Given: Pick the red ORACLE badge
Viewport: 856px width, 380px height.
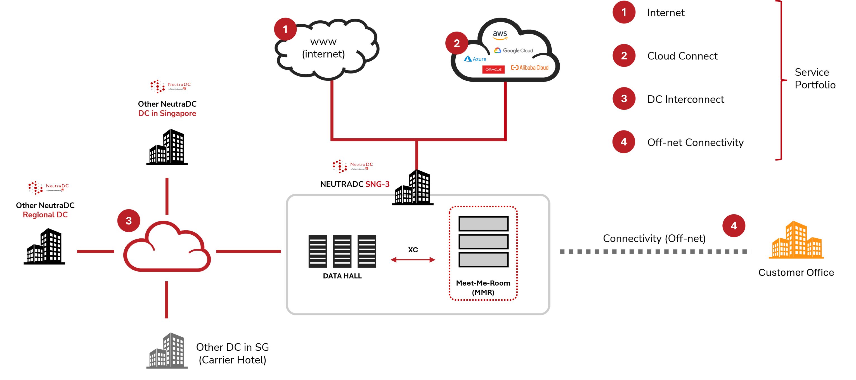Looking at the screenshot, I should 493,69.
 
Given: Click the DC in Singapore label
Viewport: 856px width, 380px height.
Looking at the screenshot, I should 167,113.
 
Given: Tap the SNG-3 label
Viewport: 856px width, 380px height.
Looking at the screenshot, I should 377,184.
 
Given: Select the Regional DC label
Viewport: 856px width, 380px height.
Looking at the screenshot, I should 45,215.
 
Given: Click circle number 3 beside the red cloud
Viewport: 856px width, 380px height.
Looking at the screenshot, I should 129,220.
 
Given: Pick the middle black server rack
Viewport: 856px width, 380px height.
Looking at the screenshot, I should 342,251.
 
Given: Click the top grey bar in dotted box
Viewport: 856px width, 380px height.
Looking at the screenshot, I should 483,224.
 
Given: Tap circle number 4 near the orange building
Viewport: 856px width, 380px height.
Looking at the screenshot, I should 734,225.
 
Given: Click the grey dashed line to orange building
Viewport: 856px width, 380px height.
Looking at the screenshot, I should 655,251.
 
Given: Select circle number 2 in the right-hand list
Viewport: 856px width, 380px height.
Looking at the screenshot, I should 624,56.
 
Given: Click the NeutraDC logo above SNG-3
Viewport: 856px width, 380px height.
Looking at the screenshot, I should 353,166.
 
